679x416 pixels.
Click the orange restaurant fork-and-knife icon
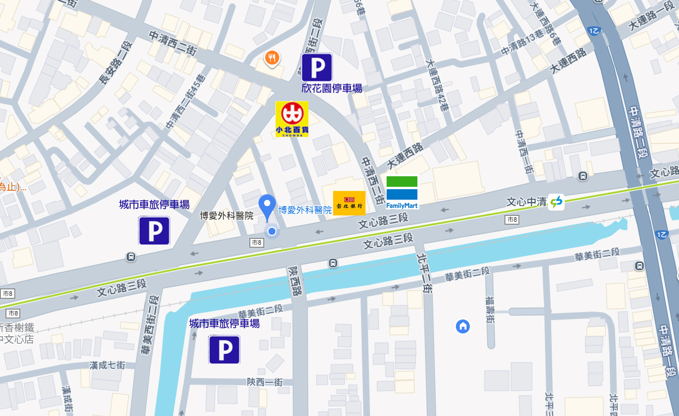pyautogui.click(x=272, y=57)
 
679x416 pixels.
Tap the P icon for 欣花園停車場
pyautogui.click(x=317, y=67)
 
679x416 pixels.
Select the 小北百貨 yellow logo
pyautogui.click(x=292, y=119)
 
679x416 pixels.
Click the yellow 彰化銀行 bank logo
pyautogui.click(x=349, y=203)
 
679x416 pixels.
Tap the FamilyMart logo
pyautogui.click(x=402, y=192)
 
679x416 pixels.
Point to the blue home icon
pyautogui.click(x=463, y=326)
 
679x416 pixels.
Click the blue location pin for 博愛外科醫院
pyautogui.click(x=267, y=207)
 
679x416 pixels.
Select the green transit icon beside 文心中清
pyautogui.click(x=556, y=202)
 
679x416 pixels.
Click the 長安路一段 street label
pyautogui.click(x=114, y=63)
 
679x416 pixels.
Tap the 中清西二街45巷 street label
pyautogui.click(x=186, y=103)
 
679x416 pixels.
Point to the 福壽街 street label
pyautogui.click(x=489, y=310)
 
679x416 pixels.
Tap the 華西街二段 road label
pyautogui.click(x=151, y=326)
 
